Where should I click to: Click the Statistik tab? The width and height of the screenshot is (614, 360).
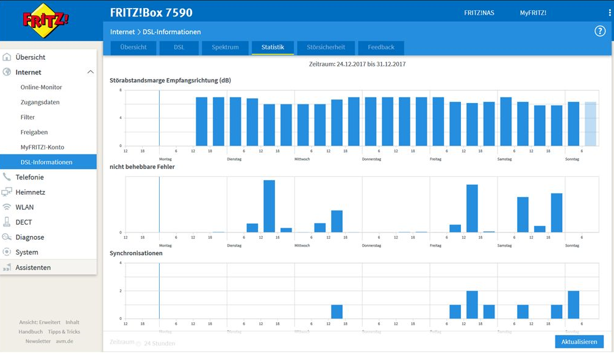[273, 48]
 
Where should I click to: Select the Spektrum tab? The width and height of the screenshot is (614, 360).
[225, 48]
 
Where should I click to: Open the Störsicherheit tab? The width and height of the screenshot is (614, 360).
[326, 48]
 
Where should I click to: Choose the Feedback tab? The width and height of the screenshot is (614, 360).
[381, 48]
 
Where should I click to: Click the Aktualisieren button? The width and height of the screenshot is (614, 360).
[579, 342]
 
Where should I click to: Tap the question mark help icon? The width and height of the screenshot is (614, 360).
[600, 31]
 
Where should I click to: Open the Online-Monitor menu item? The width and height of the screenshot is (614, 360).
[41, 87]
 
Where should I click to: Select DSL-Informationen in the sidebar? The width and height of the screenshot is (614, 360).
[46, 162]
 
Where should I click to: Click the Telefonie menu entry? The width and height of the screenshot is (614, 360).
[29, 177]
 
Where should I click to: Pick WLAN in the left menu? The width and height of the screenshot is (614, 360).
[24, 207]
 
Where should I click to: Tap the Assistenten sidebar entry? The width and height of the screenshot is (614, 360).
[33, 267]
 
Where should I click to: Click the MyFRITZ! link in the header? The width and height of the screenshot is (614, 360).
[533, 13]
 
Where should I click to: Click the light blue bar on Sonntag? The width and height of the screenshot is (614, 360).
[590, 124]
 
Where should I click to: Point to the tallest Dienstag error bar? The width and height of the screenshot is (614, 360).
[269, 206]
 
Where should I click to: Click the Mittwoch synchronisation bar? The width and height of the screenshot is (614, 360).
[337, 312]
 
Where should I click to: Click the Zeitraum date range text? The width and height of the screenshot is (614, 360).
[357, 64]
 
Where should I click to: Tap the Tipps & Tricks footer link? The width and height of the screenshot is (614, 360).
[64, 332]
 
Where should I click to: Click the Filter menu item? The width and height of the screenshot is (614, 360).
[28, 117]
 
